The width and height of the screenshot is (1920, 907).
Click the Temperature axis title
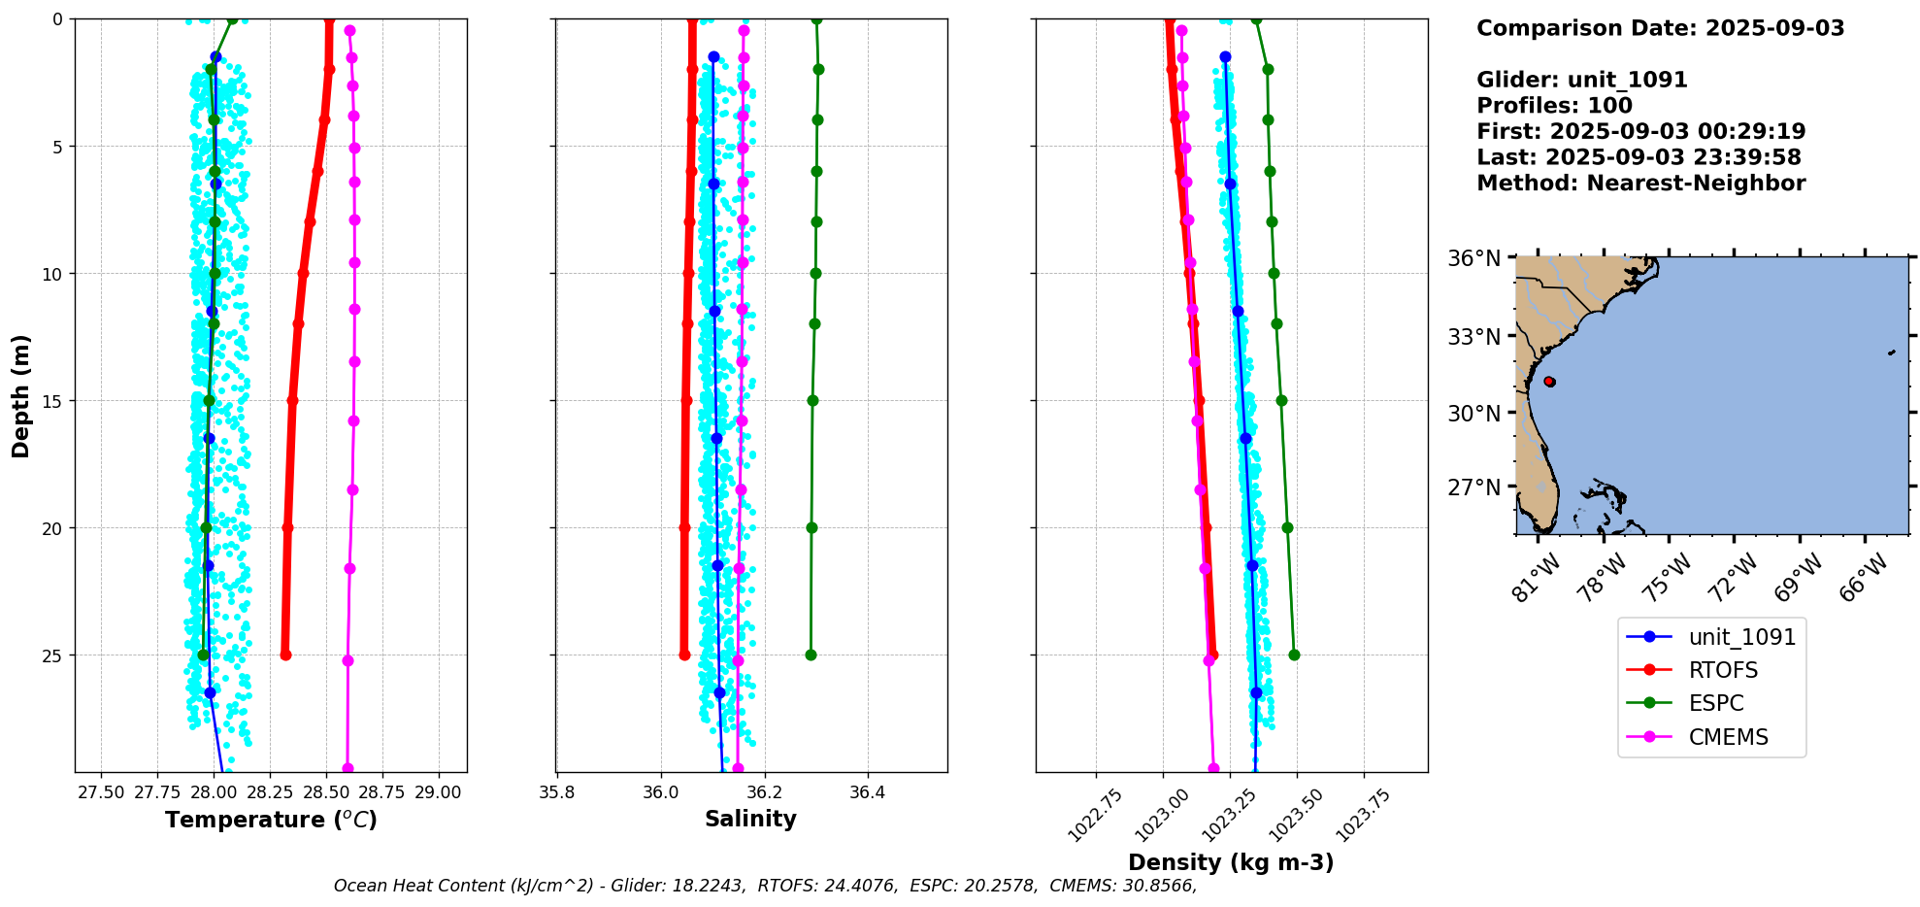(271, 820)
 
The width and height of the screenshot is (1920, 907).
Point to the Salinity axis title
(750, 819)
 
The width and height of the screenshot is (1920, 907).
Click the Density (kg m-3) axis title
(1231, 862)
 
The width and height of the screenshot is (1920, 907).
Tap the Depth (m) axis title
(20, 396)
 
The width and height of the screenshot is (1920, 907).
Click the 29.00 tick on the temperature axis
(438, 792)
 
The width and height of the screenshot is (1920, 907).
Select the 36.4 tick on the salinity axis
(867, 792)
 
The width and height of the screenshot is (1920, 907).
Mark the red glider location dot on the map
(1549, 382)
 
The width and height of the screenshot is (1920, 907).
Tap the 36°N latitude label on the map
(1473, 258)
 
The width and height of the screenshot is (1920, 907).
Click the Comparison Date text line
(1660, 28)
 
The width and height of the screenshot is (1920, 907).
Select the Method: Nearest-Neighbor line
(1640, 184)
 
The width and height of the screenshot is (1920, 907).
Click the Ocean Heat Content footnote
(765, 886)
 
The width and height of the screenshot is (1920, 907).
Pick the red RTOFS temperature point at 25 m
(285, 655)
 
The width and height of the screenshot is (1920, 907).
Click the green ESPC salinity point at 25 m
(811, 655)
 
